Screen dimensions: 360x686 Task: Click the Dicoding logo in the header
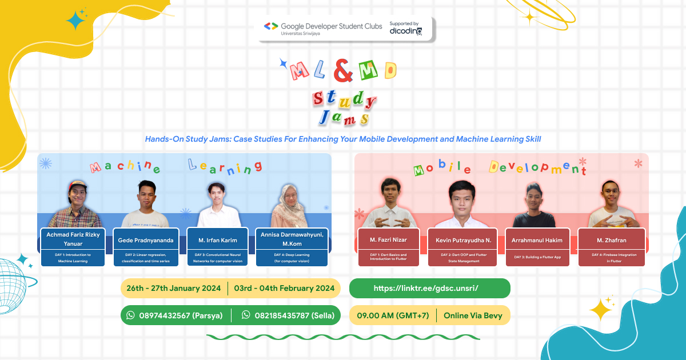coord(406,31)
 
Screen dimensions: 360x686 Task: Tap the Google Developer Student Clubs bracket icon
coord(271,26)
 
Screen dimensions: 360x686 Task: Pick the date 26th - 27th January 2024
coord(174,288)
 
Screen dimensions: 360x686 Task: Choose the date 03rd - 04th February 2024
coord(284,288)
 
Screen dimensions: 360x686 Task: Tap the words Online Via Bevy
coord(473,315)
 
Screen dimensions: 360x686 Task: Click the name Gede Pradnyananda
coord(146,240)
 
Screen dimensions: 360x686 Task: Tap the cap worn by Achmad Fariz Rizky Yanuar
coord(77,185)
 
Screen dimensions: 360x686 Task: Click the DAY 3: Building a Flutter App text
coord(537,257)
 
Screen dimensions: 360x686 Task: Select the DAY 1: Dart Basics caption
coord(388,257)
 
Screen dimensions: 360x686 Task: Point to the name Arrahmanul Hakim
coord(537,240)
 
